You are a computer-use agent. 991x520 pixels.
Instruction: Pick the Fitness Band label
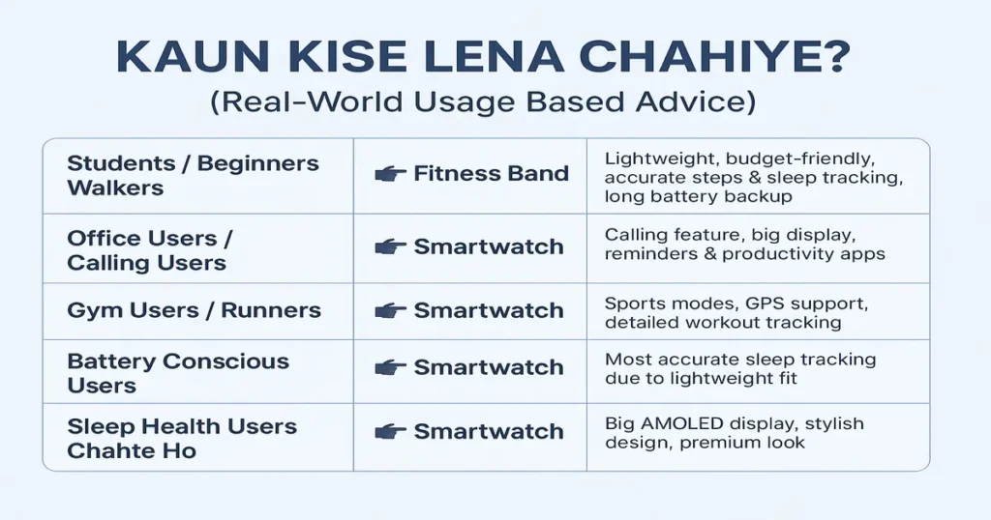(491, 175)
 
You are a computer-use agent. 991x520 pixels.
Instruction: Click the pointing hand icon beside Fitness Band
(389, 175)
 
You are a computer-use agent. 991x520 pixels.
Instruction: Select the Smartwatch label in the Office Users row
(488, 247)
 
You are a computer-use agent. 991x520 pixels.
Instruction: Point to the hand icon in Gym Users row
(389, 311)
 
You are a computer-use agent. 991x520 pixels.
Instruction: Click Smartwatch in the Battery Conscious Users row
(488, 368)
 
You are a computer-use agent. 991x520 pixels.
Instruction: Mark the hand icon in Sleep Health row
(389, 432)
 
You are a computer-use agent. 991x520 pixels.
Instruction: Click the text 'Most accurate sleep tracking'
(740, 360)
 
